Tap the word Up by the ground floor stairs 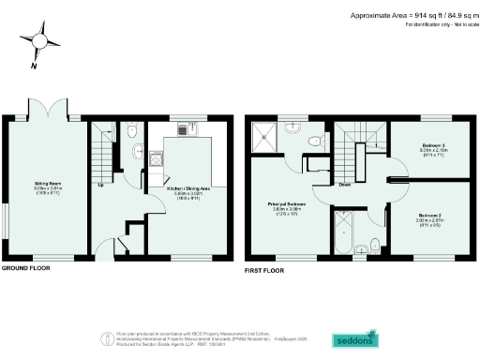coord(100,184)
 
